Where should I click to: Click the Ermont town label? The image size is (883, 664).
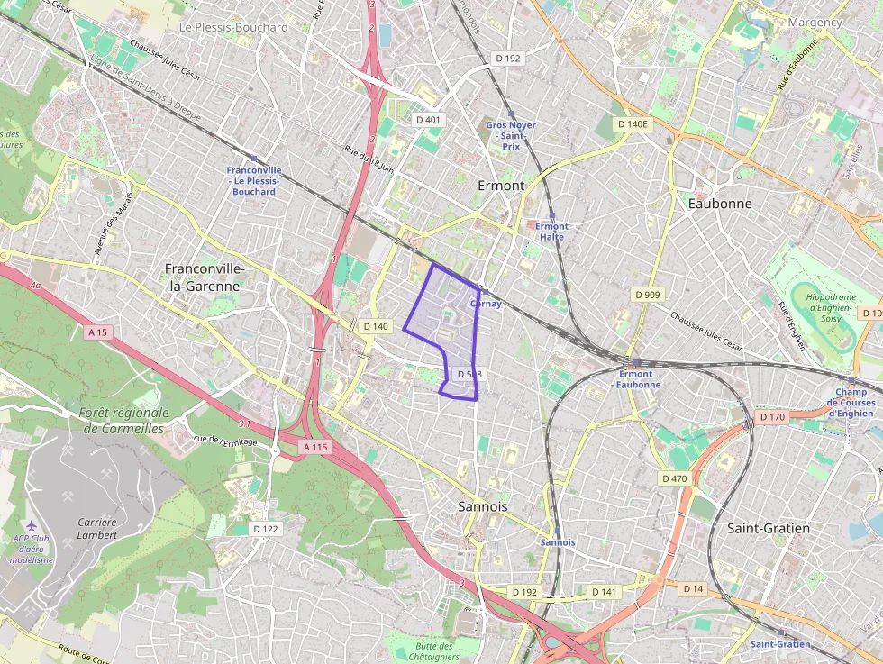pyautogui.click(x=500, y=186)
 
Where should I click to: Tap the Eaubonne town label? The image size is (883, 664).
pyautogui.click(x=719, y=204)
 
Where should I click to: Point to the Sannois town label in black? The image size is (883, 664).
pyautogui.click(x=482, y=506)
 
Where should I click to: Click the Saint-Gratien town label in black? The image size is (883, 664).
pyautogui.click(x=768, y=528)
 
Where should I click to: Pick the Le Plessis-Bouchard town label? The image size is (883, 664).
pyautogui.click(x=233, y=28)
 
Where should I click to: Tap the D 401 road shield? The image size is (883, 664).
pyautogui.click(x=428, y=119)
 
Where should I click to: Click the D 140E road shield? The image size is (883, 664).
pyautogui.click(x=633, y=123)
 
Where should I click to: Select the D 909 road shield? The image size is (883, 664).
pyautogui.click(x=647, y=295)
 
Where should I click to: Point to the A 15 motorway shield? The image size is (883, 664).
pyautogui.click(x=98, y=332)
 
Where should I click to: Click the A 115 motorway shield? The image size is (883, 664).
pyautogui.click(x=315, y=447)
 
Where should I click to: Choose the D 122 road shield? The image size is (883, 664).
pyautogui.click(x=265, y=529)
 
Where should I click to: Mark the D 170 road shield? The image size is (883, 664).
pyautogui.click(x=772, y=417)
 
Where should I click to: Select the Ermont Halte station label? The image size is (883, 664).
pyautogui.click(x=551, y=232)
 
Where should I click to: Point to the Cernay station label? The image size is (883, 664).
pyautogui.click(x=486, y=304)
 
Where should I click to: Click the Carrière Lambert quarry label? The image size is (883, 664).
pyautogui.click(x=96, y=528)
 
